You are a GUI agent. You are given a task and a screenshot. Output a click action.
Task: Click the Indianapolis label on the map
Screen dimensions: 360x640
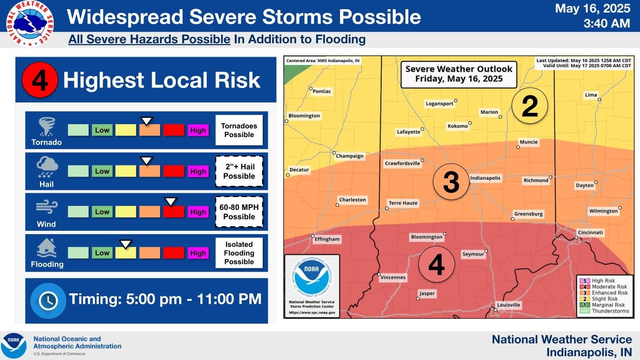(x=485, y=178)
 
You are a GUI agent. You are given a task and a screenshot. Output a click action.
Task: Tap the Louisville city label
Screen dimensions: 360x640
(x=508, y=305)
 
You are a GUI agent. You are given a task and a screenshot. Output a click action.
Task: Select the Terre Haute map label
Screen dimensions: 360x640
(x=402, y=203)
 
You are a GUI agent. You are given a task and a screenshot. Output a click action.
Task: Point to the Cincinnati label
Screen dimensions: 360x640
(x=590, y=232)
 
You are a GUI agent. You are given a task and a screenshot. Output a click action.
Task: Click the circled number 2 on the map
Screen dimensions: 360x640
(x=529, y=106)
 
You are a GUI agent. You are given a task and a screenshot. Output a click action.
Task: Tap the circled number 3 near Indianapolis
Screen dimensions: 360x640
(x=451, y=182)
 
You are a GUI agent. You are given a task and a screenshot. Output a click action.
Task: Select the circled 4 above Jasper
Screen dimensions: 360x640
(x=436, y=265)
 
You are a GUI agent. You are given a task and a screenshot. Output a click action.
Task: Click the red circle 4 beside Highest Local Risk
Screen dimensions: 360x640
(x=40, y=80)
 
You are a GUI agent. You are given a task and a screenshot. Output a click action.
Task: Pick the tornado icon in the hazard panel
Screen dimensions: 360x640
(x=46, y=127)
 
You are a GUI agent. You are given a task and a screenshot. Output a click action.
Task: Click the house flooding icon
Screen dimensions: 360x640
(x=47, y=248)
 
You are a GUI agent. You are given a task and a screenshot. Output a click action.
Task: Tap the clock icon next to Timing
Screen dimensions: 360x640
(x=48, y=300)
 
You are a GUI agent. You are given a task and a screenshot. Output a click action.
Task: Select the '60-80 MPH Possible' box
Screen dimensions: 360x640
(x=239, y=212)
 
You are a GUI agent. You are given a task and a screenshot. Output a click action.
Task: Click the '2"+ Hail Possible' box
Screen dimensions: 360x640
(x=239, y=171)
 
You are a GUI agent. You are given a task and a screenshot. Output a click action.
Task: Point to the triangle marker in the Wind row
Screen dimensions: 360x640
(x=170, y=202)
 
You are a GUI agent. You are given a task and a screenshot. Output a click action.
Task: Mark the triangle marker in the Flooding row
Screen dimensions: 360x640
(x=125, y=244)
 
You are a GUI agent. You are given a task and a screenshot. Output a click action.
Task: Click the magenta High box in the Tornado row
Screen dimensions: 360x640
(x=198, y=130)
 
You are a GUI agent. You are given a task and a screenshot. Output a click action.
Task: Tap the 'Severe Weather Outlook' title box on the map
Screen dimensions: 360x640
(x=459, y=74)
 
